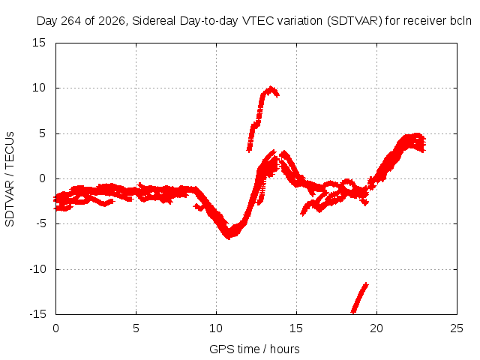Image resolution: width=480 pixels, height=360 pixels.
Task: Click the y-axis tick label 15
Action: [39, 43]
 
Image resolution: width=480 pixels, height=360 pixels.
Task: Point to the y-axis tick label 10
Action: [39, 88]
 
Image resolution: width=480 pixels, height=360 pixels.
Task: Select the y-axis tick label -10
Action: [37, 269]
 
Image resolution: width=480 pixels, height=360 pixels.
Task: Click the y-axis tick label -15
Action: [37, 314]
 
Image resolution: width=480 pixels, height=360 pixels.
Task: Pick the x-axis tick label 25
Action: [457, 328]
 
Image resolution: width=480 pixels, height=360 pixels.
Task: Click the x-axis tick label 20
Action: [376, 328]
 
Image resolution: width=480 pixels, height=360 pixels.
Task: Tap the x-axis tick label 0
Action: [55, 328]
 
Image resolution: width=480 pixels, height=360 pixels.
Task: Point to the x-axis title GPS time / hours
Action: [254, 349]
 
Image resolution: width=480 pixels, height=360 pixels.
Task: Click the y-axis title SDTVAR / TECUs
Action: [10, 179]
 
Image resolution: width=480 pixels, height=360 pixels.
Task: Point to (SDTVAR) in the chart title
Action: [355, 21]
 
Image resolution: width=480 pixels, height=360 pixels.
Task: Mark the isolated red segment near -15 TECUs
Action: [360, 298]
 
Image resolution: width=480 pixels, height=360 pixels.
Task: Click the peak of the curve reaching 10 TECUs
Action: [271, 88]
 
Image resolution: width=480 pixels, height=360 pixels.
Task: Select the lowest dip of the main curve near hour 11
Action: [229, 236]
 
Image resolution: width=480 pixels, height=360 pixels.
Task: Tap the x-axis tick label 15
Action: [296, 328]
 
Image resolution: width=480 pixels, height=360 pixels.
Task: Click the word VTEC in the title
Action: [257, 21]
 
